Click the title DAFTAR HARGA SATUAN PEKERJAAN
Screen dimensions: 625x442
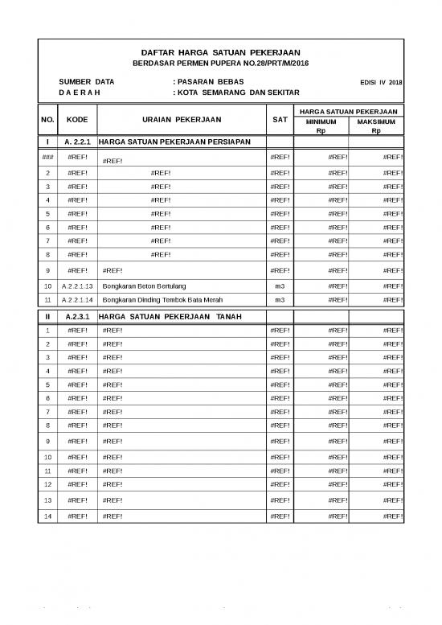coord(220,51)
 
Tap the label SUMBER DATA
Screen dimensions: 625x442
coord(86,82)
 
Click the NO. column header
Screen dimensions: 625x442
coord(47,120)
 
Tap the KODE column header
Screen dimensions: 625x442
coord(78,120)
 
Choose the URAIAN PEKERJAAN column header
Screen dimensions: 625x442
coord(181,120)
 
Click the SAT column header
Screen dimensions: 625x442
coord(280,120)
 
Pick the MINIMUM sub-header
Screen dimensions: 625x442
coord(321,121)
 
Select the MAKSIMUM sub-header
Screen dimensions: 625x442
coord(376,121)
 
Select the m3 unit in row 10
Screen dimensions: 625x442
coord(280,286)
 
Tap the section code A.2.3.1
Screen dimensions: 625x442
coord(78,317)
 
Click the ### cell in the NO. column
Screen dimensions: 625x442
coord(47,158)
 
